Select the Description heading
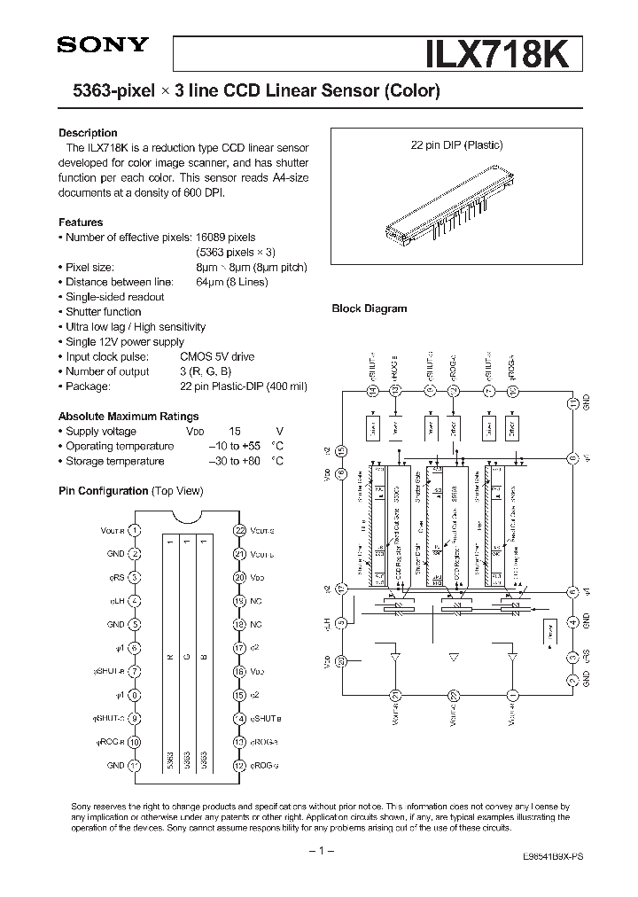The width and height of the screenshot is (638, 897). (88, 133)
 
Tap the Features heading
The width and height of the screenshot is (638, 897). (81, 222)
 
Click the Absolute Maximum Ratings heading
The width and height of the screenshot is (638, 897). (128, 416)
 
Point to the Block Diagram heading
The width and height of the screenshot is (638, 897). (369, 308)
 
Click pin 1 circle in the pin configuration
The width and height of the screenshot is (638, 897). (135, 530)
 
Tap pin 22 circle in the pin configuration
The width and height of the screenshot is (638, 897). (238, 530)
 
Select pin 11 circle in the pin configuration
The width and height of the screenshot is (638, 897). (135, 765)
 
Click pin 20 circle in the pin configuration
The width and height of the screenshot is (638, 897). (238, 577)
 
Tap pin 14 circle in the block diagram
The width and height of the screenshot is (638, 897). (372, 391)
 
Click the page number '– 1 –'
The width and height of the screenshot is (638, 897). (319, 852)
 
